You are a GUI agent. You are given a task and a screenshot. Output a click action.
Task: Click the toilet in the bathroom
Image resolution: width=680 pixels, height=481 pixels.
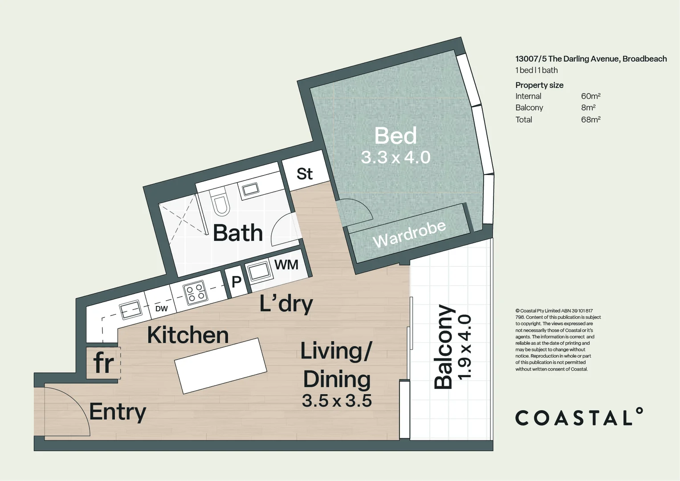[220, 203]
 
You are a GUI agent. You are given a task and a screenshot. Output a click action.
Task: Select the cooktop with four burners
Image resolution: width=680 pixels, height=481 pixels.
[195, 293]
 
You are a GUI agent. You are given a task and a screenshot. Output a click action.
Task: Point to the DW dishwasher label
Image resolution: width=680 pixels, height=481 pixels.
[161, 309]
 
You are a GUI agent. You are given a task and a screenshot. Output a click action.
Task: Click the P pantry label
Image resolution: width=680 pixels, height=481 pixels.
[236, 281]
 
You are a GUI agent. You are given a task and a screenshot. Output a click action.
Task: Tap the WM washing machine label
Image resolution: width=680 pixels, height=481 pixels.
[286, 265]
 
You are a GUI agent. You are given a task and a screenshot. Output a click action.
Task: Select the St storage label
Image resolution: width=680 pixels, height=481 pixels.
[305, 174]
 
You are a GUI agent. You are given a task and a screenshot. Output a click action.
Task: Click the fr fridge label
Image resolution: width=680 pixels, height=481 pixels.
[104, 363]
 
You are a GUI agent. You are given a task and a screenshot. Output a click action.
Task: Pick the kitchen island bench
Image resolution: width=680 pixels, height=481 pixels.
[221, 366]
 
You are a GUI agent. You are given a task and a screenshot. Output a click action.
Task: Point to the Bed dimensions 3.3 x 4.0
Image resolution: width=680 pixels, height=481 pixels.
[395, 157]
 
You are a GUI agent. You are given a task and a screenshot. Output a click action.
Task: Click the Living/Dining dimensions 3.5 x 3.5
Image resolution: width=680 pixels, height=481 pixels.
[337, 401]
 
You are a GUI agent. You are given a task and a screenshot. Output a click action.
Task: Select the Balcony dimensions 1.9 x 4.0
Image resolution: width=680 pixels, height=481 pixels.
[464, 347]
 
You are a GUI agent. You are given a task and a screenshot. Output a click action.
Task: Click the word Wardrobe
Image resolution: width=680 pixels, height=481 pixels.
[409, 234]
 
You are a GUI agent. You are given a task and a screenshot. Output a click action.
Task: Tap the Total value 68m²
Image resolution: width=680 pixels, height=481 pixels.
[590, 119]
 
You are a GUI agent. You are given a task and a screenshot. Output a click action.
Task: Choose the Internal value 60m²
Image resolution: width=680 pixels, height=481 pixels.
[590, 96]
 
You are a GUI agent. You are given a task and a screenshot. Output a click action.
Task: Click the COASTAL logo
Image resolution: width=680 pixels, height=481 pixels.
[579, 417]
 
